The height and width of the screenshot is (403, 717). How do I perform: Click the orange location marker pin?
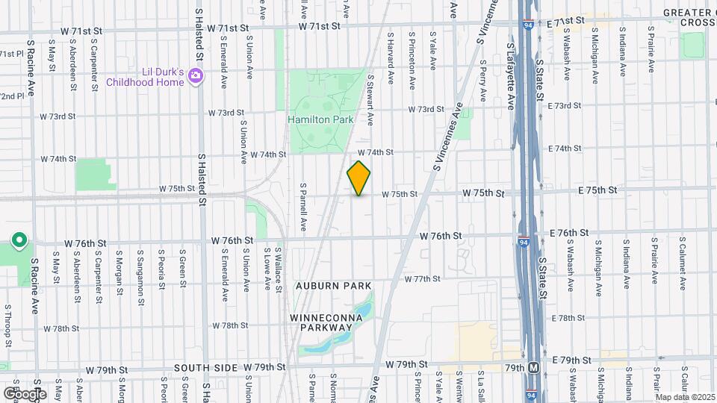point(358,178)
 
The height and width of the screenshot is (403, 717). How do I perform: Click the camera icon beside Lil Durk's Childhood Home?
point(196,75)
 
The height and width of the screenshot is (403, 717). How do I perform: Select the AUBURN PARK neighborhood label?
point(332,286)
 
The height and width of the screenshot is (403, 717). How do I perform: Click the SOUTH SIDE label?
point(208,368)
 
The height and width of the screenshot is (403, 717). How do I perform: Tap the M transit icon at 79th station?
point(533,368)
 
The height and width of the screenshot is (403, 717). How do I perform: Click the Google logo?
point(25,393)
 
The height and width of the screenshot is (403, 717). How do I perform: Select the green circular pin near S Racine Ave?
point(20,240)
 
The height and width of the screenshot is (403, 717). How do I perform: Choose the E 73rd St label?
point(564,106)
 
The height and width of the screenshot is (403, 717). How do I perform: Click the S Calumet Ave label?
point(682,264)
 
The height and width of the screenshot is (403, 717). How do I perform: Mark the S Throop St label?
point(7,326)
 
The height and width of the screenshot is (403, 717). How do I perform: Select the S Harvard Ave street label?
point(390,56)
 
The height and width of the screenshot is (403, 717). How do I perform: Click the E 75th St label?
point(597,190)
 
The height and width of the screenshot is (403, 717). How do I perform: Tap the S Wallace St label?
point(277,269)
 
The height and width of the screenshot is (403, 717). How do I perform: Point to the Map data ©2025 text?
point(685,396)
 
